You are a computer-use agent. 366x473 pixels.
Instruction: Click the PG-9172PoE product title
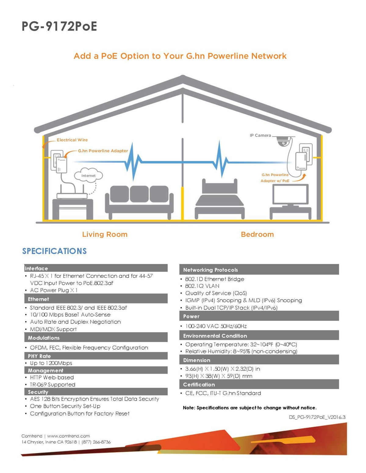59,26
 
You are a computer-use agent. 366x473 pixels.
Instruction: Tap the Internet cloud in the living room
88,175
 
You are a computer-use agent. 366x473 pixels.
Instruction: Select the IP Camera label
260,136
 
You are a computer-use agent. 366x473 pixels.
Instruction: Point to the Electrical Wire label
72,140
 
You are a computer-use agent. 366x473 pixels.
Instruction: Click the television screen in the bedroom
291,194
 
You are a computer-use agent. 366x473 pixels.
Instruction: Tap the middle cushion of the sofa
139,194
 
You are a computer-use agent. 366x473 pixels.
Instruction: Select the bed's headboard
220,186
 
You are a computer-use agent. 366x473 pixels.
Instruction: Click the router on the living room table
72,196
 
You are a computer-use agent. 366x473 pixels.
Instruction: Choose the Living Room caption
105,235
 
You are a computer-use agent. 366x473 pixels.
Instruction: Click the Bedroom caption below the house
257,235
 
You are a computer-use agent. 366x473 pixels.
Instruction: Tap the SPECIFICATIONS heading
54,251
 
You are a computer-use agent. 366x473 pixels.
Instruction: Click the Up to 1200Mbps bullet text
51,363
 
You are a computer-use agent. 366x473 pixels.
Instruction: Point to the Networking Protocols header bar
259,270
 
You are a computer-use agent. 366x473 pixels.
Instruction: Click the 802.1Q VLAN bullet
202,286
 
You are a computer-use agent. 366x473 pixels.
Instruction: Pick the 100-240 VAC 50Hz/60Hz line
216,326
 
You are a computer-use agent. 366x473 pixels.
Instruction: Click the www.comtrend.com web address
68,436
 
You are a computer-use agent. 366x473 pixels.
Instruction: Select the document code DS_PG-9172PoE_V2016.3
317,417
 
